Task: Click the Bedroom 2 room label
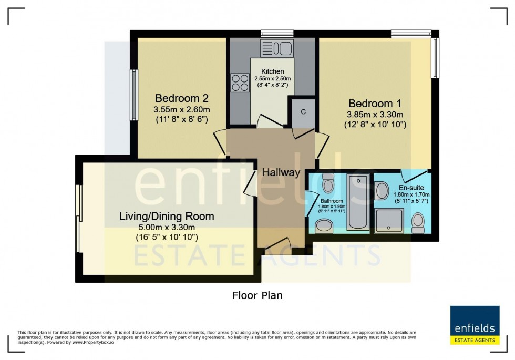point(182,98)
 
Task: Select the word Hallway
point(281,172)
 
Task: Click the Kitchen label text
point(273,71)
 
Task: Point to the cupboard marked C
point(303,112)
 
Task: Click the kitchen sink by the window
point(277,48)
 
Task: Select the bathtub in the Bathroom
point(359,202)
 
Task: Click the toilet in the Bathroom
point(329,183)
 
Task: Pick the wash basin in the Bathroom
point(324,227)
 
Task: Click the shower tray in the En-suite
point(389,219)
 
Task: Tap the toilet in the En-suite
point(418,223)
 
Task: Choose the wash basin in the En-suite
point(382,190)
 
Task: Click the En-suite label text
point(411,188)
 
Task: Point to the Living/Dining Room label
point(167,216)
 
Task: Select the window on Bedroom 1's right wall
point(435,58)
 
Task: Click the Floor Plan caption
point(257,295)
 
